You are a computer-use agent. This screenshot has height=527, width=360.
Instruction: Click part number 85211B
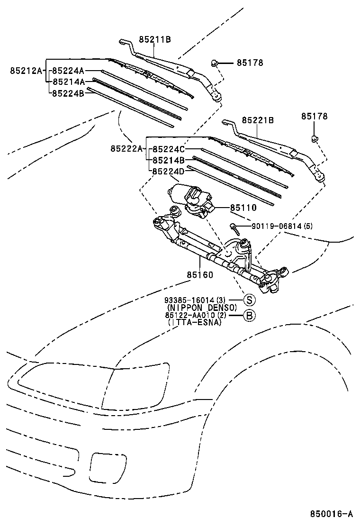154,40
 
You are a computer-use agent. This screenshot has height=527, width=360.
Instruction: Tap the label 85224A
68,71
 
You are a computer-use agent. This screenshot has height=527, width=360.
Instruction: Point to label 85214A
68,82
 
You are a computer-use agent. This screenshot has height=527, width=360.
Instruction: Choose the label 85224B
68,93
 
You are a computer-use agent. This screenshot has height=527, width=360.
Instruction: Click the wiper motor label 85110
243,208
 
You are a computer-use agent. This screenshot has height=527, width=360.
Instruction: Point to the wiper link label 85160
199,274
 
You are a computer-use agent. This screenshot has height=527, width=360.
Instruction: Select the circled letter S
249,300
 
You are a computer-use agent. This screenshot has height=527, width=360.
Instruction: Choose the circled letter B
249,315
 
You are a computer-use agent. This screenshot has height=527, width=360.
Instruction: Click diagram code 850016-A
332,514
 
